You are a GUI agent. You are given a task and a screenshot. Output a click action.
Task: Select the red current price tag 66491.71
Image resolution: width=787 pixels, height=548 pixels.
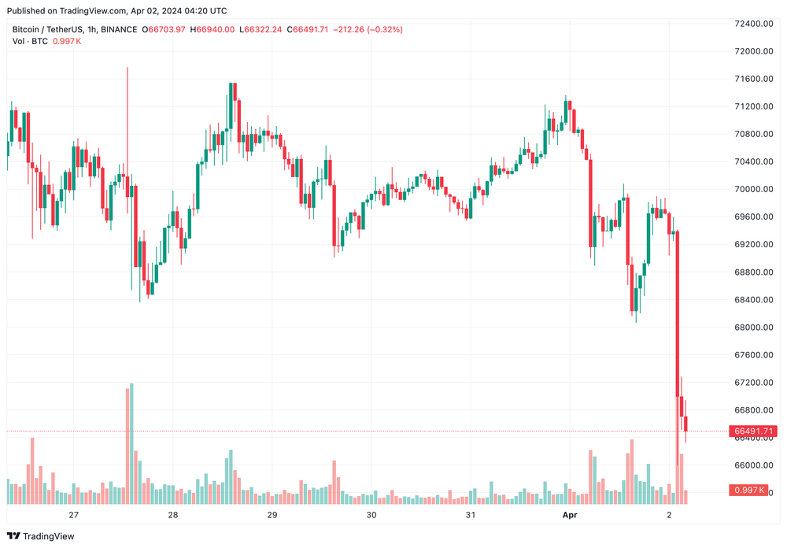click(x=754, y=431)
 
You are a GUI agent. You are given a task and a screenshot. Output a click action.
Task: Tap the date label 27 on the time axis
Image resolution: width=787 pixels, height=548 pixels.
click(x=74, y=515)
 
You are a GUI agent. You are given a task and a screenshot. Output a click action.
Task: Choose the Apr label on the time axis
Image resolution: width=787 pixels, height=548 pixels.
click(x=569, y=515)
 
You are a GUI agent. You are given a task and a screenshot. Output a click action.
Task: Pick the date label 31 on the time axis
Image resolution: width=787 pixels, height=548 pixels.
click(x=470, y=515)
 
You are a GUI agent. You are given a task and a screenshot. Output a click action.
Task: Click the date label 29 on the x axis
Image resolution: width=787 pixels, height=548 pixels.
click(x=272, y=515)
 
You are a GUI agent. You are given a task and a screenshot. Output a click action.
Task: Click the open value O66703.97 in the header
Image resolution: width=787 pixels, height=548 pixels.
click(x=163, y=30)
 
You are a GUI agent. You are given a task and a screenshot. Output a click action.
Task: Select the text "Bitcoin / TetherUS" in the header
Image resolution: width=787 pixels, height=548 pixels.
click(x=46, y=30)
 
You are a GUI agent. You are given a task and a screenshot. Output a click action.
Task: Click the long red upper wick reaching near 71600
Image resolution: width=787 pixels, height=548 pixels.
click(x=127, y=118)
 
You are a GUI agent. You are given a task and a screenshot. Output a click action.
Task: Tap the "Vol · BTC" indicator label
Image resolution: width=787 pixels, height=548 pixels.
click(x=30, y=41)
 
